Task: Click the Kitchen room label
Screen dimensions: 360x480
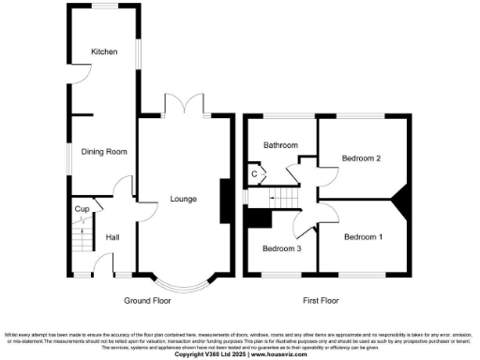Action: [x=103, y=52]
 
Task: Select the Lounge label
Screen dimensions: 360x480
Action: [x=183, y=199]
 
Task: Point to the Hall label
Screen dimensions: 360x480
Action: [x=112, y=237]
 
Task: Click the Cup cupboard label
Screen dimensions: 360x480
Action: [x=81, y=208]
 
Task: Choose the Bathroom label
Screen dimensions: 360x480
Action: [x=279, y=145]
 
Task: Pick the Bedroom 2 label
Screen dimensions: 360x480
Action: [x=361, y=158]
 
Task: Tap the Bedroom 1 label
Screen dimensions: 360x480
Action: [x=363, y=237]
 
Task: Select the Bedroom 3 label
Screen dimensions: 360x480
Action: [x=281, y=248]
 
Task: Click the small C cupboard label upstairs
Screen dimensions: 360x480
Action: [x=253, y=173]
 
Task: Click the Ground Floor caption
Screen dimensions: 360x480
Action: [x=147, y=301]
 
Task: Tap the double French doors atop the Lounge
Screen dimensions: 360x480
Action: [x=183, y=105]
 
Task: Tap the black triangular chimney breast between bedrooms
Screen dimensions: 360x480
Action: [x=402, y=199]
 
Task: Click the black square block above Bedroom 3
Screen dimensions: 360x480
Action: [x=256, y=217]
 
